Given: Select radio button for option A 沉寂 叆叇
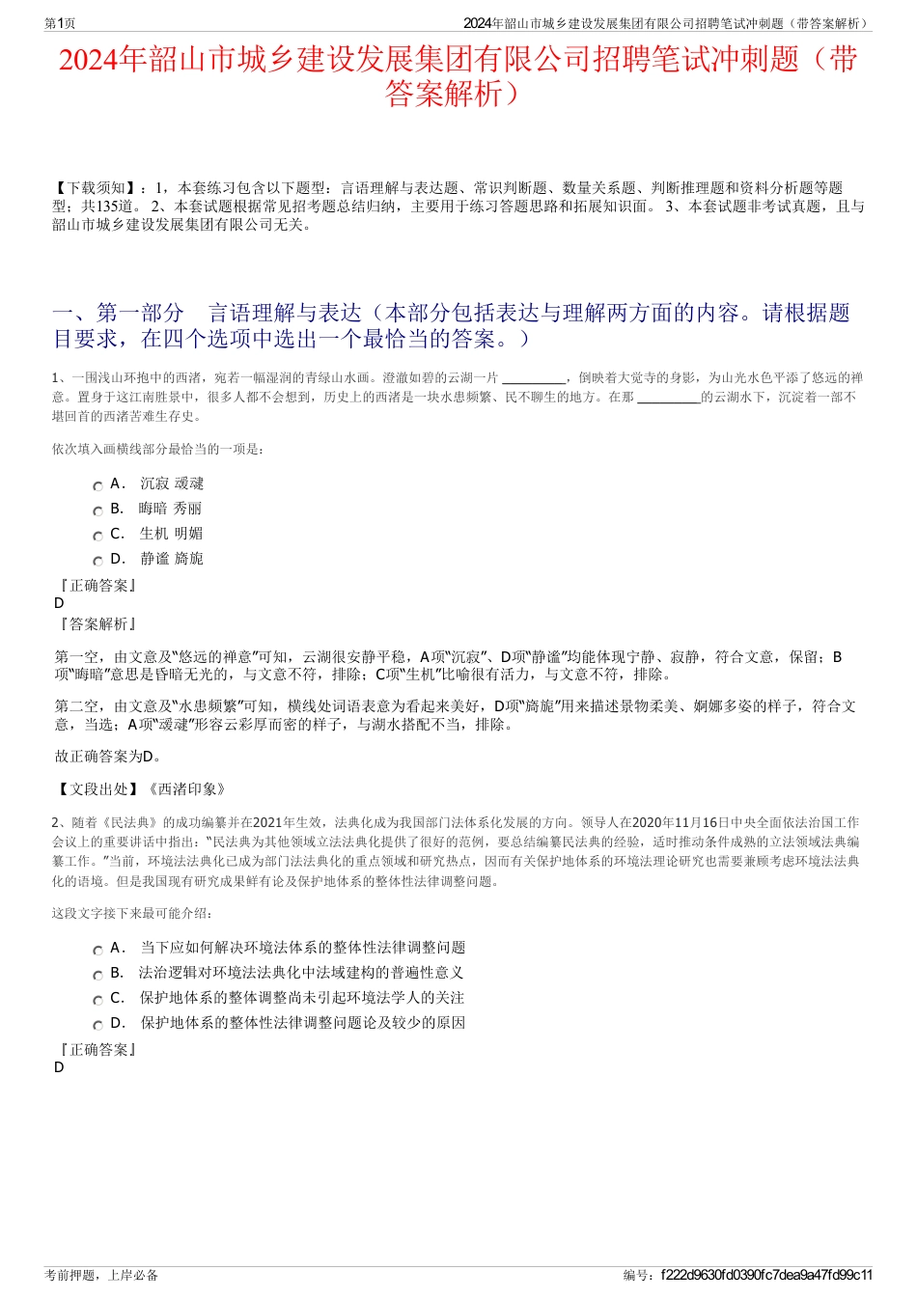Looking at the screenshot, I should pyautogui.click(x=97, y=486).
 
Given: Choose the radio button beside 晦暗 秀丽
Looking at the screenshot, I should pyautogui.click(x=97, y=511).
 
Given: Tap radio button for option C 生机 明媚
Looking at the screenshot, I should pyautogui.click(x=97, y=537).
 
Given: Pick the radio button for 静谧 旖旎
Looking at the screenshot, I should pyautogui.click(x=97, y=562).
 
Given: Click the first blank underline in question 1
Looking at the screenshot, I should pyautogui.click(x=535, y=379).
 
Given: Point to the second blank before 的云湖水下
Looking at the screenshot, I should pyautogui.click(x=669, y=399).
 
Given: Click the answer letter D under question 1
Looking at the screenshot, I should pyautogui.click(x=60, y=604).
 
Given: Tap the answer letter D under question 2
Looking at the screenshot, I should pyautogui.click(x=60, y=1068).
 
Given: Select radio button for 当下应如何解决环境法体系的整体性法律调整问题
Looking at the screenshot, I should pyautogui.click(x=97, y=951).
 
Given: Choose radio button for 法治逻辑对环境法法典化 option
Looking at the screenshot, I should pyautogui.click(x=97, y=976).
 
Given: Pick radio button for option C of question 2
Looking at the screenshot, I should pyautogui.click(x=97, y=1001).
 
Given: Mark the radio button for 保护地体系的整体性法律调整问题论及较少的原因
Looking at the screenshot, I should pyautogui.click(x=97, y=1026).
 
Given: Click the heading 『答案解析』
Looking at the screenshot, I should pyautogui.click(x=97, y=624).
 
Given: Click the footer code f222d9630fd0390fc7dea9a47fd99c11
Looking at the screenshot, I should pyautogui.click(x=766, y=1275).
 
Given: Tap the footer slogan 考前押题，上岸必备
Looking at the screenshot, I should pyautogui.click(x=101, y=1275).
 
